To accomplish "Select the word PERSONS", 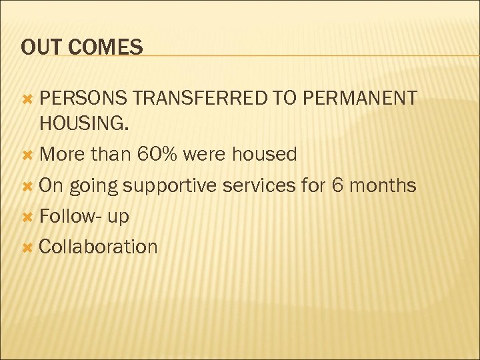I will click(83, 99).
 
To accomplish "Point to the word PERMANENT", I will click(359, 99).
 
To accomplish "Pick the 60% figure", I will click(157, 154).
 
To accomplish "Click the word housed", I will click(263, 154).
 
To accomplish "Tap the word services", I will click(259, 185).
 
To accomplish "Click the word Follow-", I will click(68, 215).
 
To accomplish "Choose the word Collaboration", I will click(98, 246).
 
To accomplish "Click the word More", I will click(62, 154).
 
